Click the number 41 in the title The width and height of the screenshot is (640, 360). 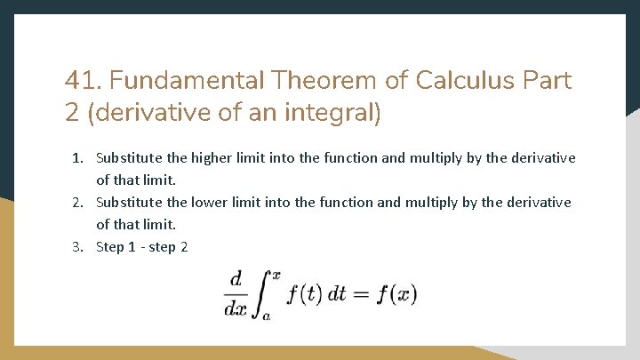(77, 81)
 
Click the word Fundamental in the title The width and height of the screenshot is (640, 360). (188, 81)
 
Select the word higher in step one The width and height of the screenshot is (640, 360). (213, 158)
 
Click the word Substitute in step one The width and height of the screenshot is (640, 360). (129, 158)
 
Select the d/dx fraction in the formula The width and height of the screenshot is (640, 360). (235, 294)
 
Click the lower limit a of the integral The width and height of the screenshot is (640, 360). (266, 316)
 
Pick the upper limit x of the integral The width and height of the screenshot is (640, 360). (276, 275)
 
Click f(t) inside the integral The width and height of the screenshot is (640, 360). (302, 294)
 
